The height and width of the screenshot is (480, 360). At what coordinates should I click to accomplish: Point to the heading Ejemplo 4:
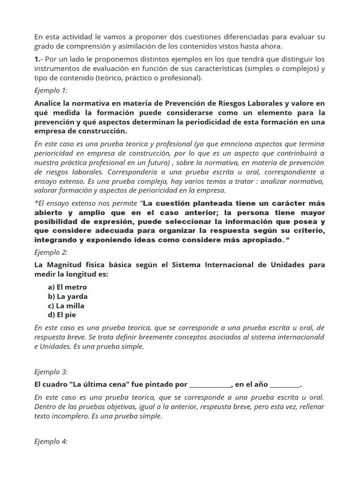(51, 441)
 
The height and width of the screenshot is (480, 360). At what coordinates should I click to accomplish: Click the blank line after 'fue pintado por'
(210, 385)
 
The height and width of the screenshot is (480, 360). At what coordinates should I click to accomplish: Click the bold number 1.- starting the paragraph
(39, 59)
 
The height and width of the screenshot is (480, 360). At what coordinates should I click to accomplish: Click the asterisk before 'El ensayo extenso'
(37, 203)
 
